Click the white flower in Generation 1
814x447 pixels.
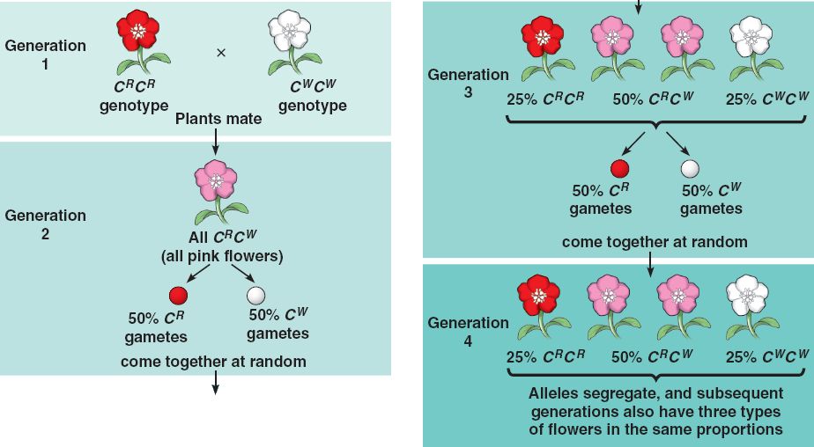(287, 33)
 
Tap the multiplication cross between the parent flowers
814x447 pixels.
(221, 53)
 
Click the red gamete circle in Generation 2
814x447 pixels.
(176, 295)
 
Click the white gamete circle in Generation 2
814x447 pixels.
(256, 295)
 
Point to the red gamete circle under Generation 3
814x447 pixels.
(620, 169)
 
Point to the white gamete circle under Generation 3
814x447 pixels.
(690, 169)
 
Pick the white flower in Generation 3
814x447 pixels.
(751, 37)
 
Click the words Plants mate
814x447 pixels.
(219, 118)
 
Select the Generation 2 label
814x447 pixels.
(46, 224)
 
